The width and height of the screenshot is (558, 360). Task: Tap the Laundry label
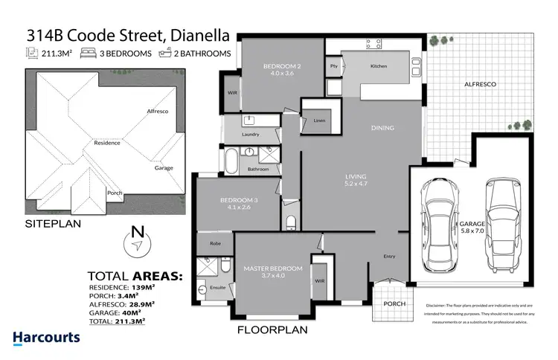tap(251, 135)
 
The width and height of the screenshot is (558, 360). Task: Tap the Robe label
tap(214, 243)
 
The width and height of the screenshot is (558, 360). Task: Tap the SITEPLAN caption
tap(54, 222)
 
